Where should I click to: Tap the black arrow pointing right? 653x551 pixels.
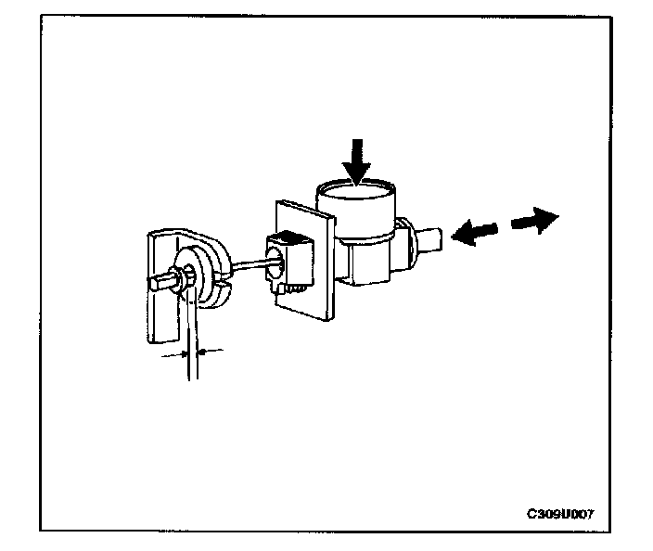click(537, 219)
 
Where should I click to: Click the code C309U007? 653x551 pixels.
click(561, 513)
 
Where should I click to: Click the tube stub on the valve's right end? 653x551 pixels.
click(433, 241)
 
